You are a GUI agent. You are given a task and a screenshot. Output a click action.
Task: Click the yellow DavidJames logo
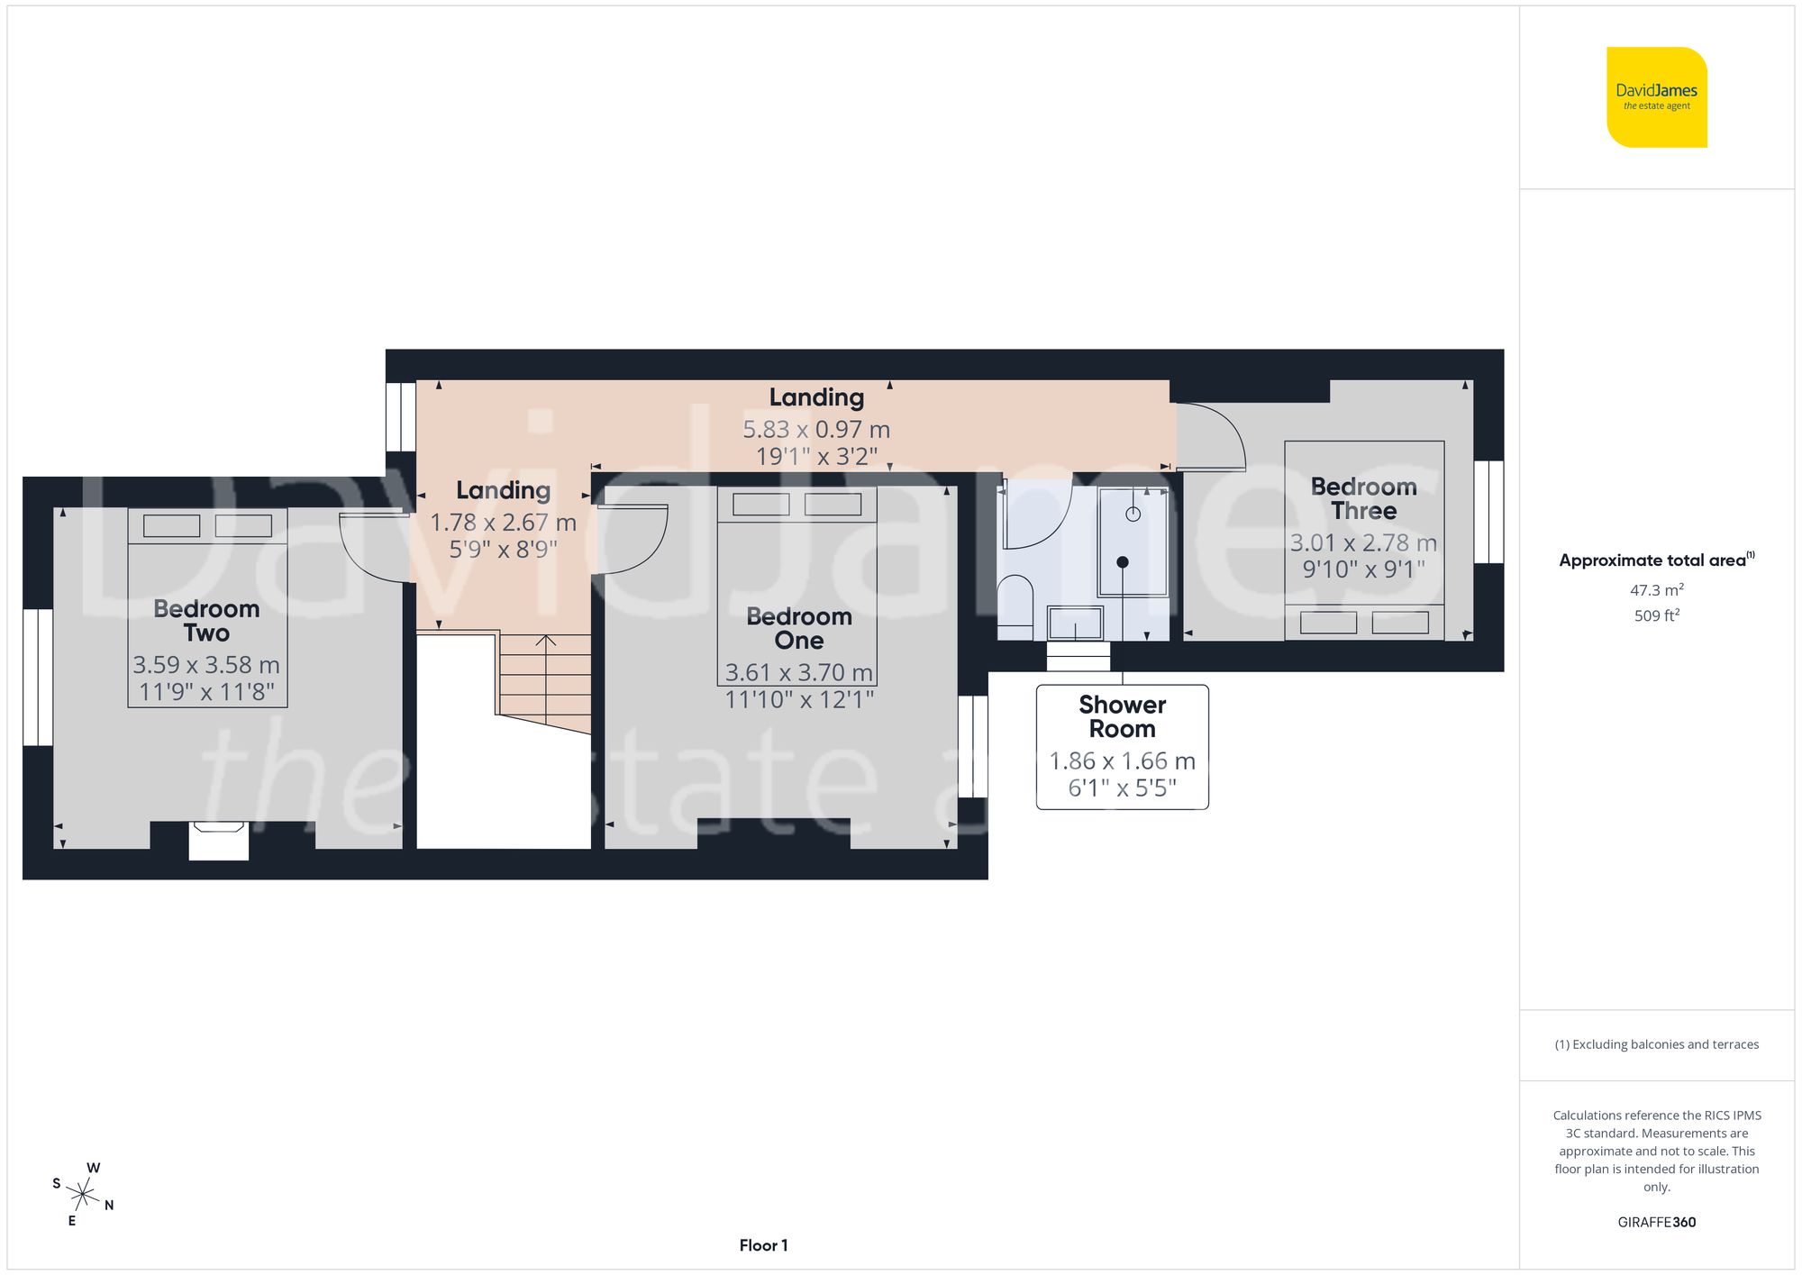tap(1656, 97)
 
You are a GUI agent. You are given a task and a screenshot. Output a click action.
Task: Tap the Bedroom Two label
tap(206, 621)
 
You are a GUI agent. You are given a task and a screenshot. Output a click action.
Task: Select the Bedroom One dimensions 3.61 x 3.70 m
tap(798, 672)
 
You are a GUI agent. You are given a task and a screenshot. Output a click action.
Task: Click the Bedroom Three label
tap(1363, 498)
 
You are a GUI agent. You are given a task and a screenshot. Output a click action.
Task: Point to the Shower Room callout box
tap(1122, 747)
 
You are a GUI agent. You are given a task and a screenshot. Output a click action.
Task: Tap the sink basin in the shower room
tap(1076, 623)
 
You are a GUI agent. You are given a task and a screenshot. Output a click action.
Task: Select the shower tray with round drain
tap(1133, 542)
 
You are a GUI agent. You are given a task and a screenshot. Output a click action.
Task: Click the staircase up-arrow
tap(546, 642)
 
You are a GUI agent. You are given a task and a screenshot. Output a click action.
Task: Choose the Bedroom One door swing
tap(630, 539)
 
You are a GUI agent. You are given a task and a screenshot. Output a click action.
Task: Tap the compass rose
tap(83, 1196)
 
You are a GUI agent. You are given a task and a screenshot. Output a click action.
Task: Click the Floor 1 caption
tap(763, 1245)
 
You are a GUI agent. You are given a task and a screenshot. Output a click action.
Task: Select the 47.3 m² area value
tap(1656, 590)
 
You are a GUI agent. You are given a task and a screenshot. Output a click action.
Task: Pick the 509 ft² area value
tap(1656, 615)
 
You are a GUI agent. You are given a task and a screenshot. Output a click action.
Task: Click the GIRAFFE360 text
tap(1656, 1222)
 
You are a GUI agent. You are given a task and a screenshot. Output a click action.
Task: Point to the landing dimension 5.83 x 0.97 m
tap(816, 430)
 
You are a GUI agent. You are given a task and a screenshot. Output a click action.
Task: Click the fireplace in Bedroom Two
tap(218, 840)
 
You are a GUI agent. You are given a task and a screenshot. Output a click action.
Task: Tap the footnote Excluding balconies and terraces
tap(1656, 1044)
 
